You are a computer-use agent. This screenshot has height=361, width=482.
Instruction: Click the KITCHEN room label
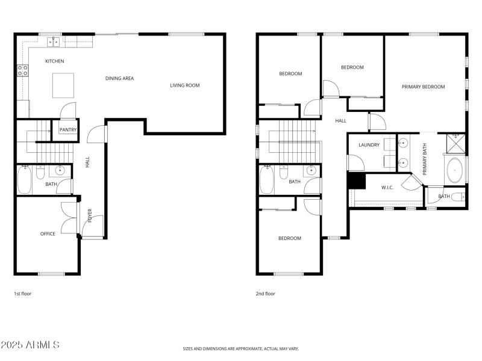(x=54, y=61)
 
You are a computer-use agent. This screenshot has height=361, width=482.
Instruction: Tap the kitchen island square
(x=64, y=85)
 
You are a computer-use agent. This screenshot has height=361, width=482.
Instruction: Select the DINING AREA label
(x=119, y=78)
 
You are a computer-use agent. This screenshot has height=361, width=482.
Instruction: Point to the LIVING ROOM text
(x=184, y=85)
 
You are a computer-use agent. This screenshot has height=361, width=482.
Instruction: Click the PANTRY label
(x=67, y=129)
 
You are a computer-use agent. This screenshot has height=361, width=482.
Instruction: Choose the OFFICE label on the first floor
(x=48, y=234)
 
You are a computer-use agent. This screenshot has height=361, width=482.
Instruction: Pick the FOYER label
(x=90, y=215)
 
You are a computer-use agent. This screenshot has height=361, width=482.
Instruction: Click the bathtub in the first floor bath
(x=24, y=180)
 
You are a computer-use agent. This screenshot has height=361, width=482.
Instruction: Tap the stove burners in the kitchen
(x=22, y=70)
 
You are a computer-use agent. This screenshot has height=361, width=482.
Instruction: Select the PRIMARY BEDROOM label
(x=423, y=87)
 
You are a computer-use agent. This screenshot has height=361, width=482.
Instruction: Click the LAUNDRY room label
(x=369, y=145)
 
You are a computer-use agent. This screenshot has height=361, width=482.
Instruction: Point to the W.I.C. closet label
(x=387, y=188)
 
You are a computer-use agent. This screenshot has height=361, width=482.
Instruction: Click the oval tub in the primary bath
(x=455, y=170)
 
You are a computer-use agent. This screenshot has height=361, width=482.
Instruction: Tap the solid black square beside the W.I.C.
(x=357, y=181)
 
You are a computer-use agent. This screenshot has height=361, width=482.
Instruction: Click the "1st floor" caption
(x=22, y=294)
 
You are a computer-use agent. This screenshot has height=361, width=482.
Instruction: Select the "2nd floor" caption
(x=265, y=294)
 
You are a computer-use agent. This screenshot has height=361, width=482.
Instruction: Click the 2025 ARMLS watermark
(x=30, y=345)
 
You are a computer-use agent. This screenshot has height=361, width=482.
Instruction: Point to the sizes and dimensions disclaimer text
(x=241, y=348)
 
